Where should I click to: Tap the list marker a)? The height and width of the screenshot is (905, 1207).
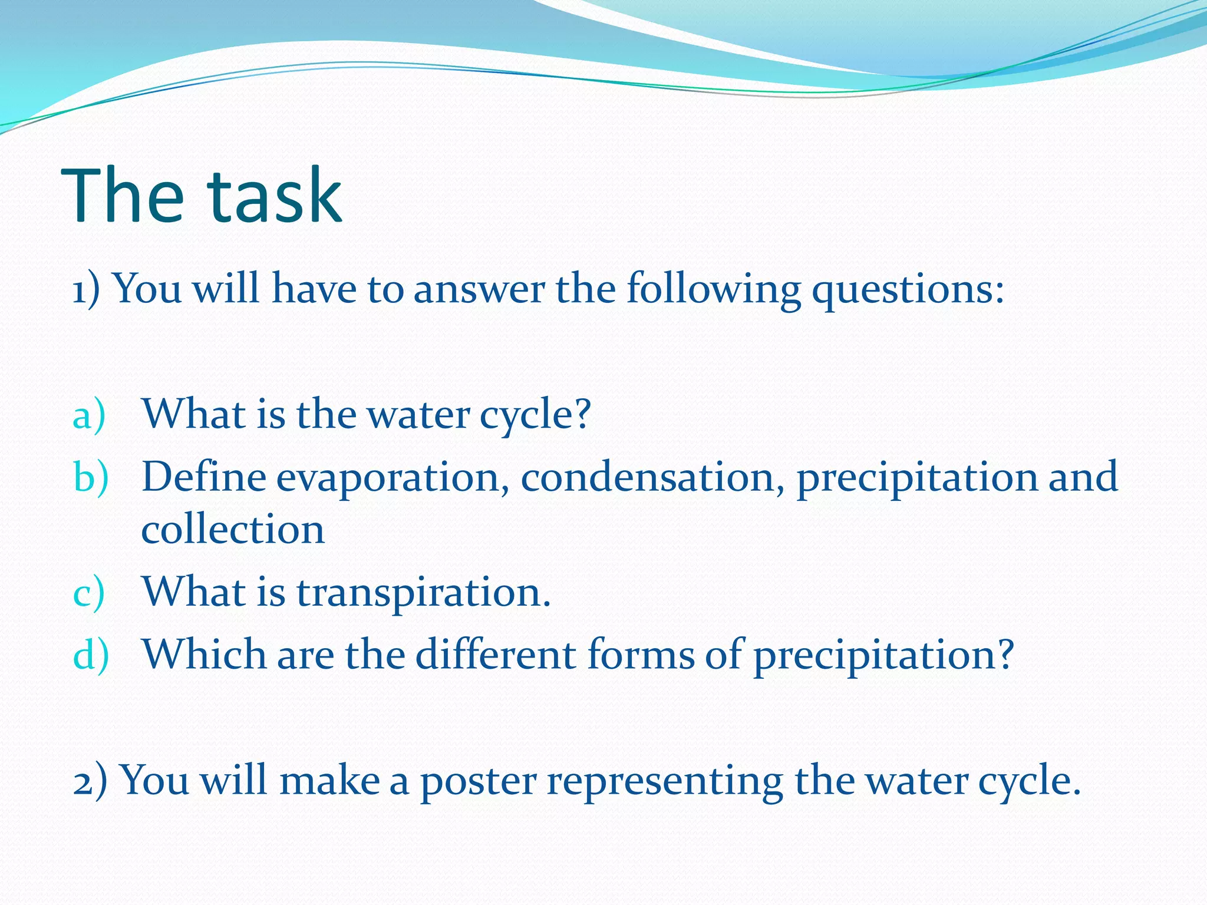[89, 415]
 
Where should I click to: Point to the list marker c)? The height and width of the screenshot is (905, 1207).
[88, 593]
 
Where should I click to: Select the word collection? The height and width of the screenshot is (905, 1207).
[233, 529]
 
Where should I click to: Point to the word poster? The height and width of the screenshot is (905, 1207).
[478, 781]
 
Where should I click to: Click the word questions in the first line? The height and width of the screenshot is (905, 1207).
[908, 290]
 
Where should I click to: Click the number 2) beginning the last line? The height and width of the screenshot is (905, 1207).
[90, 781]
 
